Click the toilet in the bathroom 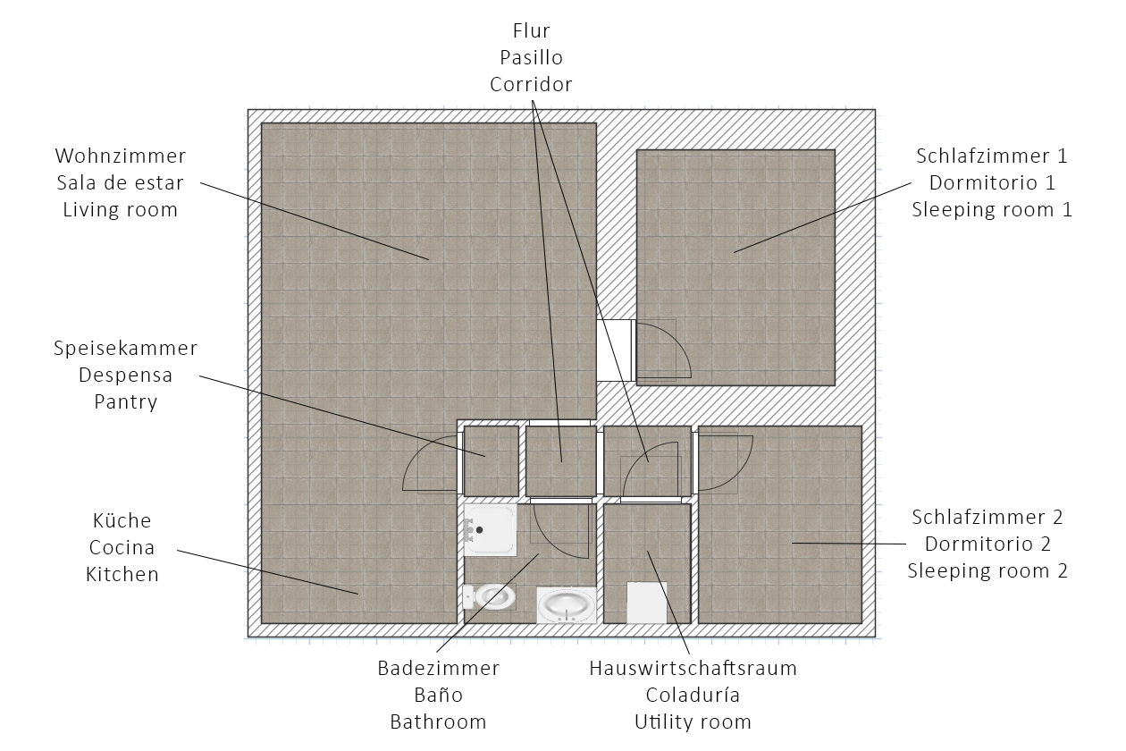click(489, 596)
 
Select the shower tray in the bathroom click(490, 529)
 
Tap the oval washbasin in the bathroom click(567, 605)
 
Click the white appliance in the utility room click(647, 603)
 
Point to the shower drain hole click(480, 529)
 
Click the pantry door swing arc click(429, 464)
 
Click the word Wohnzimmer click(121, 156)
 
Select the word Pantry click(125, 401)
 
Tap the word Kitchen click(122, 574)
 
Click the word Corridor click(531, 84)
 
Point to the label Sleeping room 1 click(991, 210)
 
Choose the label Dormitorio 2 click(987, 544)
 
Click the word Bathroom click(438, 721)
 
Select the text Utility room click(693, 721)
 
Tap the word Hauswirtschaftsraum click(693, 668)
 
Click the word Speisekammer click(125, 348)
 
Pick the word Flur click(531, 31)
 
